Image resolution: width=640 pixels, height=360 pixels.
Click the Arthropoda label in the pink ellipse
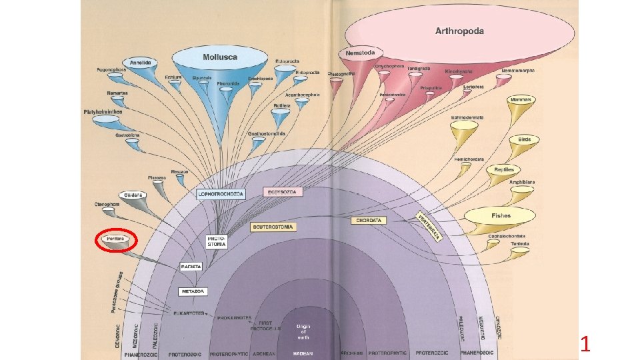pyautogui.click(x=459, y=31)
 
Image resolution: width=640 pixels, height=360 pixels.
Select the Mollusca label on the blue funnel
pyautogui.click(x=220, y=57)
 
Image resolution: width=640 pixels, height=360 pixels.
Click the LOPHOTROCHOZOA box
pyautogui.click(x=221, y=194)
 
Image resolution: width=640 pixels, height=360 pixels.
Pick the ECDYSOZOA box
pyautogui.click(x=283, y=192)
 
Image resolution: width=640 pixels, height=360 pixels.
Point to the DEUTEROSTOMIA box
pyautogui.click(x=273, y=227)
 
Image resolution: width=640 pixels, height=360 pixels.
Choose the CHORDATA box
pyautogui.click(x=369, y=219)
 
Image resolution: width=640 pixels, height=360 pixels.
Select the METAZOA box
pyautogui.click(x=193, y=291)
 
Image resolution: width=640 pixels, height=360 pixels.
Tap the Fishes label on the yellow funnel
pyautogui.click(x=501, y=216)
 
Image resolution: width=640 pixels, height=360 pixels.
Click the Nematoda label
pyautogui.click(x=361, y=52)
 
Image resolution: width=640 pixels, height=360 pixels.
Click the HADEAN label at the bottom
pyautogui.click(x=303, y=353)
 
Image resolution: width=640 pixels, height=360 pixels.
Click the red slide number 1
pyautogui.click(x=585, y=345)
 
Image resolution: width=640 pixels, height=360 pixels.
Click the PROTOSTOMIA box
pyautogui.click(x=217, y=241)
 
